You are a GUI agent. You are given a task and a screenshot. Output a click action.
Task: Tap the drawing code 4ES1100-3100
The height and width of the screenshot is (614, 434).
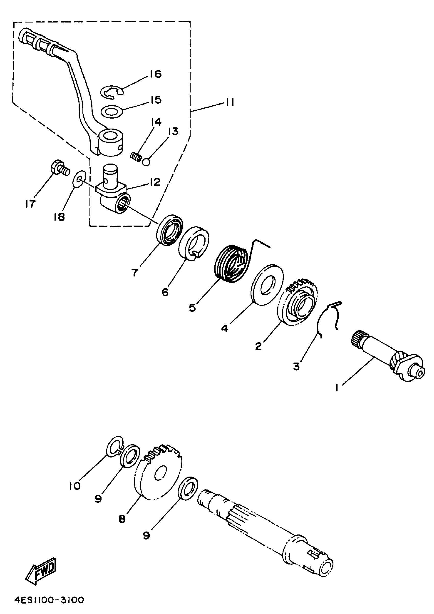49,600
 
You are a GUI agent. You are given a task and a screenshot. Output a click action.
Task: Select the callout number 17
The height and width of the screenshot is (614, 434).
30,204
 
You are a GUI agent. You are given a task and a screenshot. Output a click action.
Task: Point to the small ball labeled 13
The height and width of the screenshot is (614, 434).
146,162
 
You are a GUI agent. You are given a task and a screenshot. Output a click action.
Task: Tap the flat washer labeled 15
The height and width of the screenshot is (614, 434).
112,112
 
